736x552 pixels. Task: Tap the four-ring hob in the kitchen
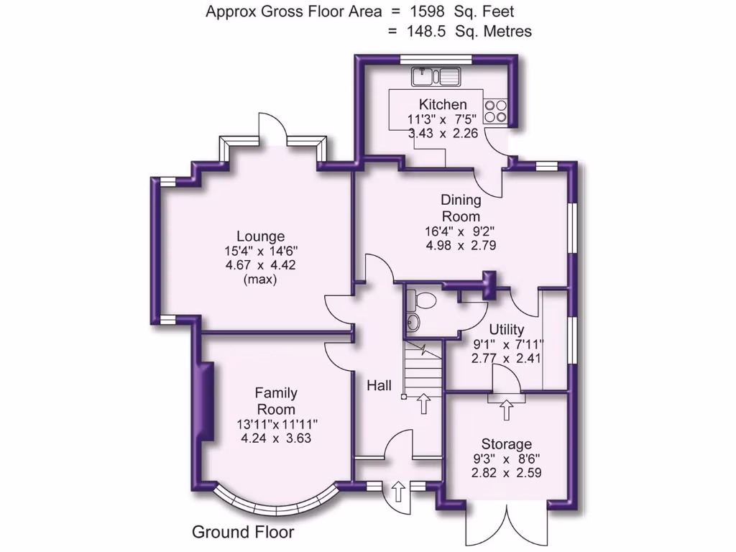point(495,109)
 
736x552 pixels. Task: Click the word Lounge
point(261,236)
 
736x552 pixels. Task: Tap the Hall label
point(379,386)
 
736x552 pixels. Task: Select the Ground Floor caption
point(243,533)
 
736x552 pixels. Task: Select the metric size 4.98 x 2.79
point(461,245)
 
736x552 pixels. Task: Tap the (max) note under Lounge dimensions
point(261,280)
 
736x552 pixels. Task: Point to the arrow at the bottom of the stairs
point(423,402)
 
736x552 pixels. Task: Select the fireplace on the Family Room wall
point(206,402)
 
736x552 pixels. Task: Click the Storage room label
point(507,444)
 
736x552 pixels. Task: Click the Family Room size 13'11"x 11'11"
point(277,424)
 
